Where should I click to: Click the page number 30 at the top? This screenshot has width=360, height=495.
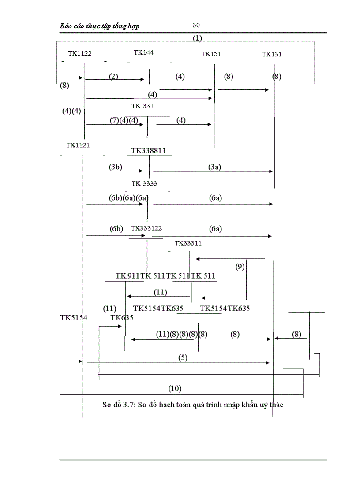(196, 25)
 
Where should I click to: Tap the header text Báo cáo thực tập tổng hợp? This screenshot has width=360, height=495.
(100, 26)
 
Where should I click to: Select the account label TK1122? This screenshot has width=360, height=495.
(80, 53)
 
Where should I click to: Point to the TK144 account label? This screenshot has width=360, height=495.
(144, 52)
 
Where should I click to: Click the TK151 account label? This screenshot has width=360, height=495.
(211, 54)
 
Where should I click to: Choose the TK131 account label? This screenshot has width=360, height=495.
(272, 55)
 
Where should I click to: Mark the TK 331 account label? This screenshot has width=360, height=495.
(142, 106)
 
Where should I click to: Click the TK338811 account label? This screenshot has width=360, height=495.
(148, 151)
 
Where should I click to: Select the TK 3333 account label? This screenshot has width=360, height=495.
(144, 183)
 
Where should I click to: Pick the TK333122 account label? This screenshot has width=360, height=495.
(146, 228)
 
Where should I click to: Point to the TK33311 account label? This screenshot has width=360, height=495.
(188, 243)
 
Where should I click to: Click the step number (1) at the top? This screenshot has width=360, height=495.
(197, 38)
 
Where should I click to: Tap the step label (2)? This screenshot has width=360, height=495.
(114, 76)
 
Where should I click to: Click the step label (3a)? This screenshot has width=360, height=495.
(215, 167)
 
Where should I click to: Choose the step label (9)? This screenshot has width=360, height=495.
(240, 266)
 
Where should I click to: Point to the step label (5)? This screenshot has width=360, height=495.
(183, 357)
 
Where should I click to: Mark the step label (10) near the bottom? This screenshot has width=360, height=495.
(175, 388)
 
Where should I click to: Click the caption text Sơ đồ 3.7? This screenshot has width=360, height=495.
(116, 404)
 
